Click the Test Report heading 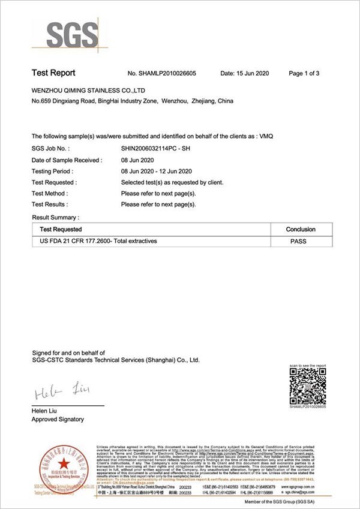[53, 73]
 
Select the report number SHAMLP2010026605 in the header [162, 74]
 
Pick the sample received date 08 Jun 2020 [138, 160]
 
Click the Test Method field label [50, 194]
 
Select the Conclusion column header [301, 230]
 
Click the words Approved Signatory [58, 420]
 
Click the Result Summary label [55, 216]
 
